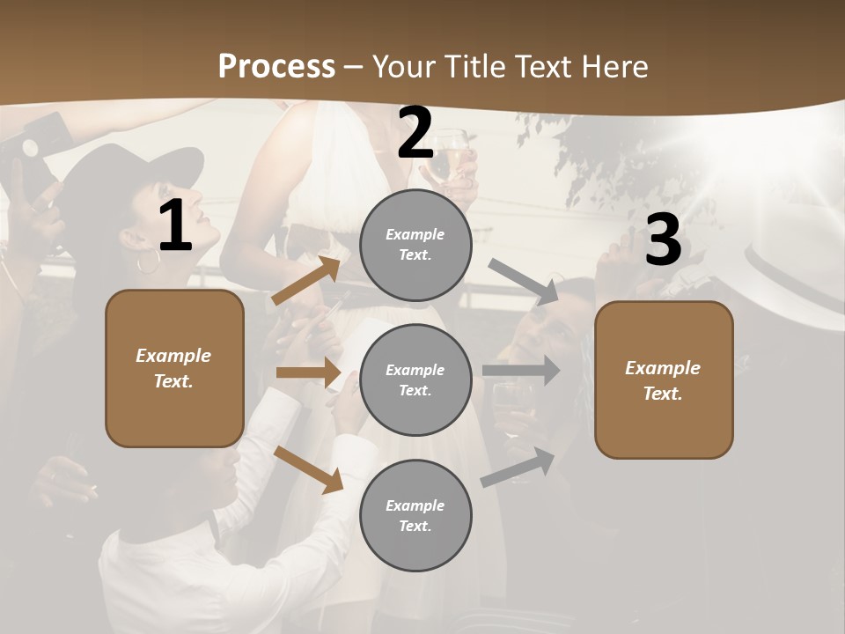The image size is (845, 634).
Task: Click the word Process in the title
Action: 276,66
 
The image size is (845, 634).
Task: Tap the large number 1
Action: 175,226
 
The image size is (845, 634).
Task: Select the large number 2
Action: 415,133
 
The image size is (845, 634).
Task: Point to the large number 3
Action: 663,240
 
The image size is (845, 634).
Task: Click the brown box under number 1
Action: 174,368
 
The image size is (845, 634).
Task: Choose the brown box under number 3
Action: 664,380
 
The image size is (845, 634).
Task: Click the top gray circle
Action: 415,245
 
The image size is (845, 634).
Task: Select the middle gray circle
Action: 415,380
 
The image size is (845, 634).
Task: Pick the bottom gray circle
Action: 415,515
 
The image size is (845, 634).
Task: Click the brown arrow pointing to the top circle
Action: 307,280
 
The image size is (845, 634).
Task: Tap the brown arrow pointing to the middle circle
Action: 309,372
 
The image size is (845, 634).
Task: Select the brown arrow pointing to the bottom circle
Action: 309,468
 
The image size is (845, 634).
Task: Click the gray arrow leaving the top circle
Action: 525,281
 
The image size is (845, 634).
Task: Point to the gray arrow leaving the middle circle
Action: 521,371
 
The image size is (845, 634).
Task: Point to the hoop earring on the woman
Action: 149,261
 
